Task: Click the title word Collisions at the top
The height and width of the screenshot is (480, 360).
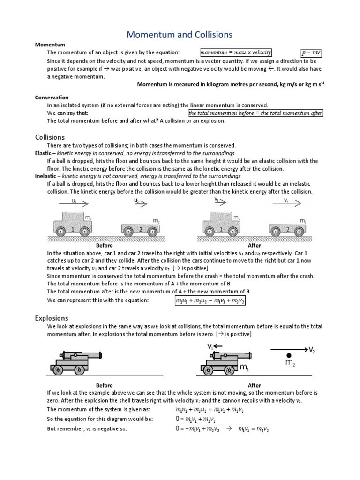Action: click(209, 35)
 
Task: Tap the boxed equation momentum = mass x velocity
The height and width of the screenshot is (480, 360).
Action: click(236, 52)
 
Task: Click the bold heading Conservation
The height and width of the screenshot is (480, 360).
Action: click(52, 97)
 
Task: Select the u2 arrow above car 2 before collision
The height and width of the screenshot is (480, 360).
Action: click(140, 203)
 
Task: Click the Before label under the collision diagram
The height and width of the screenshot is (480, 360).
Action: click(104, 245)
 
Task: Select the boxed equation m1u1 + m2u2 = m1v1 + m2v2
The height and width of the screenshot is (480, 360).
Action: click(208, 300)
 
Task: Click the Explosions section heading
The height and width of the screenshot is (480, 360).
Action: click(52, 318)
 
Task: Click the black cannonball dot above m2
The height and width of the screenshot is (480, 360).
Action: click(289, 355)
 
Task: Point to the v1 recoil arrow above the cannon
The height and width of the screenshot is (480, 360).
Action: click(216, 346)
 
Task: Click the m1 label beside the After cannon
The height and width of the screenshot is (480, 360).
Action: click(244, 369)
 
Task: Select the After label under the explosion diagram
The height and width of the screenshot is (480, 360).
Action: click(254, 385)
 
